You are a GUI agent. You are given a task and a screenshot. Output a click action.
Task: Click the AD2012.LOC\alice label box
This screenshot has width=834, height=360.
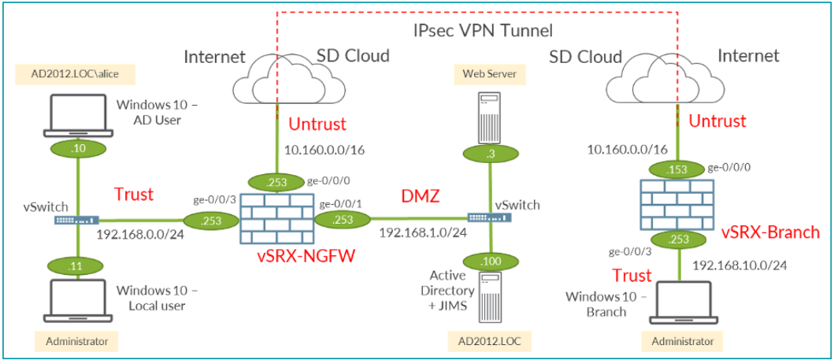point(76,75)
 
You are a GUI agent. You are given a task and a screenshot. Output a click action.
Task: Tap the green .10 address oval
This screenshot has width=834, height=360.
point(76,147)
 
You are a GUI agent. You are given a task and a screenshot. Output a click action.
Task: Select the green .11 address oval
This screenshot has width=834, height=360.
point(76,267)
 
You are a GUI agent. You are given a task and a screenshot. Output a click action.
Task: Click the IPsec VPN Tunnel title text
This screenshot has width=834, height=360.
point(484,31)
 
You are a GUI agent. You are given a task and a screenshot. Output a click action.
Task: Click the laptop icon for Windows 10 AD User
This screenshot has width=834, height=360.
point(76,113)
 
